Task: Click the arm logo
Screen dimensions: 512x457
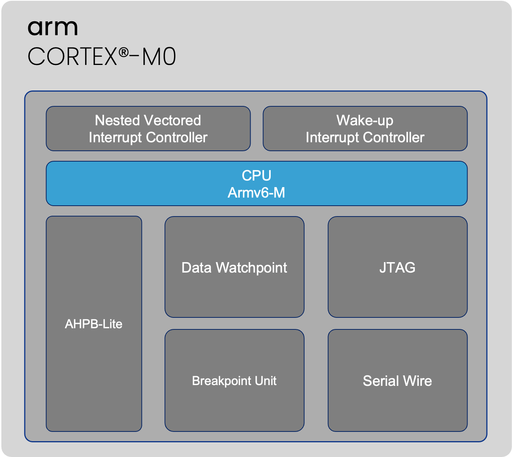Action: tap(53, 28)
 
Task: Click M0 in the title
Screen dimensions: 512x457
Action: tap(159, 57)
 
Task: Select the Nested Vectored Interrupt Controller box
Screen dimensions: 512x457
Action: tap(148, 129)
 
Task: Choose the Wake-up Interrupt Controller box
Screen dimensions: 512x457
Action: tap(365, 129)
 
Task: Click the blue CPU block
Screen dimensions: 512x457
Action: tap(256, 183)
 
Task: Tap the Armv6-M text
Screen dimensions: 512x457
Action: tap(256, 193)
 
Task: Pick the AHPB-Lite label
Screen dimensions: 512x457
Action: tap(94, 324)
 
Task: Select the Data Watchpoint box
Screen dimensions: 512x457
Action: tap(234, 267)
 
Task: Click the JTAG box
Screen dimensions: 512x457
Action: tap(398, 267)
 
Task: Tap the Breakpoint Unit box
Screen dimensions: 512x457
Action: tap(234, 380)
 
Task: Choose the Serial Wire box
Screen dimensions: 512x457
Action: tap(398, 380)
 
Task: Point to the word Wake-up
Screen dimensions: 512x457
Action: tap(365, 121)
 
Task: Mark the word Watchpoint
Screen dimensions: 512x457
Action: tap(251, 268)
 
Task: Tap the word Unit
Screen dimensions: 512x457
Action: tap(266, 381)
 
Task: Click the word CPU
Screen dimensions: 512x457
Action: tap(256, 175)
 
